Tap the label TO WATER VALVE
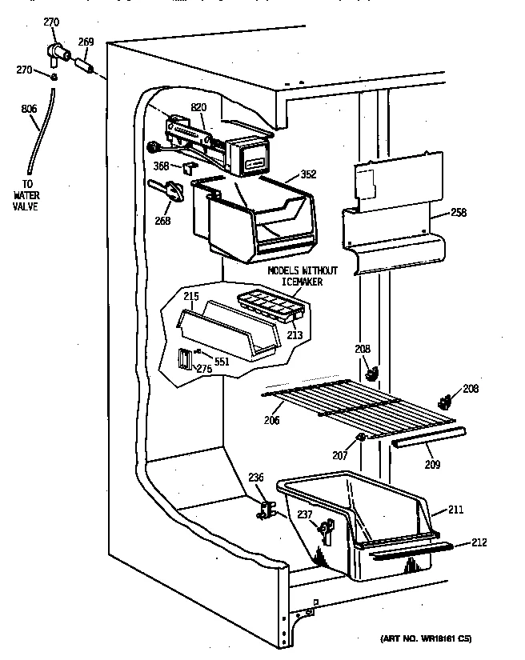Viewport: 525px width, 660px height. coord(28,194)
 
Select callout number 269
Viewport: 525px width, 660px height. coord(85,42)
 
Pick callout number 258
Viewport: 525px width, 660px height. coord(458,213)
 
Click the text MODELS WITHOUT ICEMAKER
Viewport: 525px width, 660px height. coord(303,275)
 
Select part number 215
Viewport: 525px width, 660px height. coord(190,297)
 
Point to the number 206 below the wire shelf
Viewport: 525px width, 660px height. coord(272,420)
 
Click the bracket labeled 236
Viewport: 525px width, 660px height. coord(269,510)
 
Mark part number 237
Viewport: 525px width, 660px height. coord(327,528)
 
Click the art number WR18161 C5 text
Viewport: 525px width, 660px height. coord(425,638)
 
